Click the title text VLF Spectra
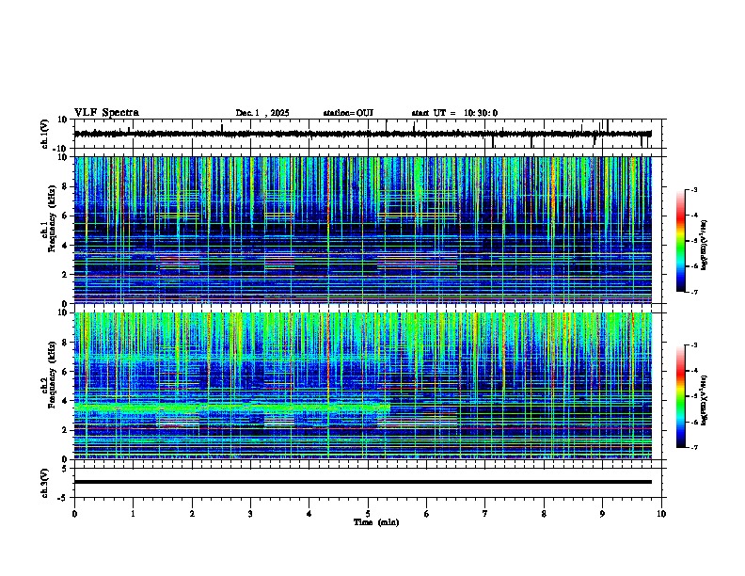(106, 113)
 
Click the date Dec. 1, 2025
(263, 113)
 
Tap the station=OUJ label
(348, 113)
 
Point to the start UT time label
(454, 113)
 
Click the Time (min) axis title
(375, 521)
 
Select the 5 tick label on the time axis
(368, 513)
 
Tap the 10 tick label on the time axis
(661, 513)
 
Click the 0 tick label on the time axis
(74, 513)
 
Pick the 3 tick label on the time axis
(250, 513)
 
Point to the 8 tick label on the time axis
(544, 513)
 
